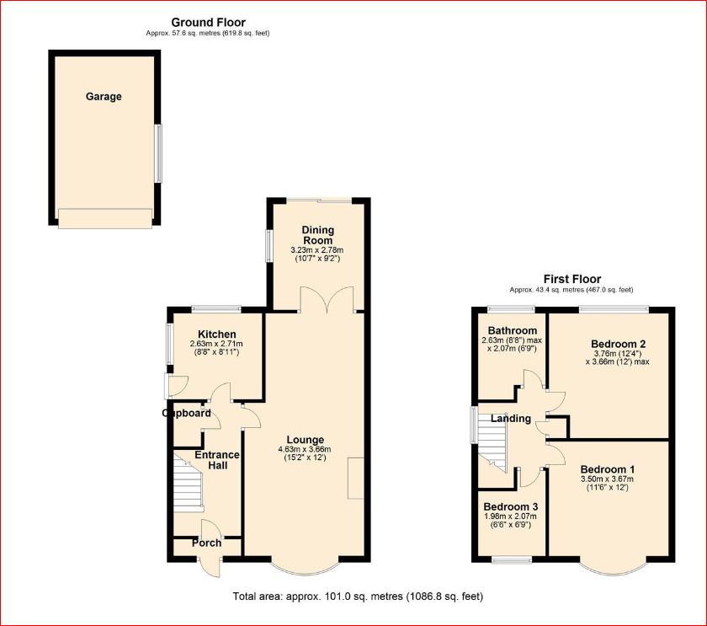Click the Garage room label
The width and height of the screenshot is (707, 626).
point(104,97)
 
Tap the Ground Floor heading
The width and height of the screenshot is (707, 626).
point(209,22)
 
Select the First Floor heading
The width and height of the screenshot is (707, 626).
point(572,279)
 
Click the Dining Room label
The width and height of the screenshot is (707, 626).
point(318,235)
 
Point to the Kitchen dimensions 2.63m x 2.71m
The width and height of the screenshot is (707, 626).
point(216,344)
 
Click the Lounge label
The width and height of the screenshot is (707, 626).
point(306,440)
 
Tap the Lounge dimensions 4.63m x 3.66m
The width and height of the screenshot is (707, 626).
point(305,450)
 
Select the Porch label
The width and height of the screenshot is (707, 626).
point(206,543)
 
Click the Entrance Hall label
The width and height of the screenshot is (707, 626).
point(217,460)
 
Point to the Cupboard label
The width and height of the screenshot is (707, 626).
point(186,414)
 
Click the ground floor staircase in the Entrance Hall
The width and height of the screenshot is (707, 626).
point(188,483)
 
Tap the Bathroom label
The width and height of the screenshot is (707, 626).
point(513,330)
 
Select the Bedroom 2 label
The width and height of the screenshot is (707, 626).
point(618,344)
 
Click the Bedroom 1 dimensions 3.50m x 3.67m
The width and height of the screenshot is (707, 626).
point(607,479)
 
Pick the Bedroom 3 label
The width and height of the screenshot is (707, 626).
point(510,507)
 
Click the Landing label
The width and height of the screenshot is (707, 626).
point(510,419)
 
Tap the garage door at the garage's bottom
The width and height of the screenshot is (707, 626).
point(105,218)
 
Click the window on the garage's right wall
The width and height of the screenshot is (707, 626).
point(158,153)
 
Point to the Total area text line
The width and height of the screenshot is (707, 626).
point(358,597)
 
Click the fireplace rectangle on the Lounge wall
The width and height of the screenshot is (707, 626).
point(355,479)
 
